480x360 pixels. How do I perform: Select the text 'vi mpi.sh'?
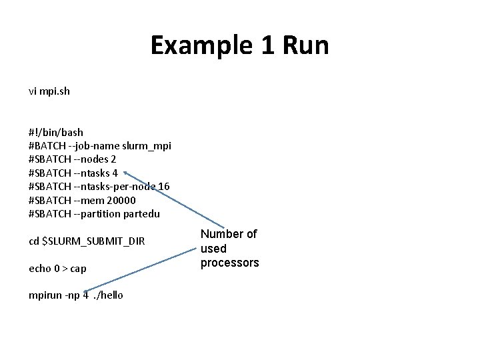click(x=49, y=91)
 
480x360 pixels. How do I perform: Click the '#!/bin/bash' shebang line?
click(x=56, y=132)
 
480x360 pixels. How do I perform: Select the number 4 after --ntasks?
click(x=115, y=173)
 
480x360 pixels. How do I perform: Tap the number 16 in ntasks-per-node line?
click(x=164, y=186)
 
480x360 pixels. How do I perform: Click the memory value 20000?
click(x=120, y=200)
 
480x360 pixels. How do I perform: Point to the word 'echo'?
click(x=39, y=268)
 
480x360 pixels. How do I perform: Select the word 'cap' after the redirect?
click(x=78, y=268)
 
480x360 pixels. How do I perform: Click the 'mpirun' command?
click(x=45, y=295)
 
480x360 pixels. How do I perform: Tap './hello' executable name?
click(x=109, y=295)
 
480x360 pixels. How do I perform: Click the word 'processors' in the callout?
click(x=229, y=263)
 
